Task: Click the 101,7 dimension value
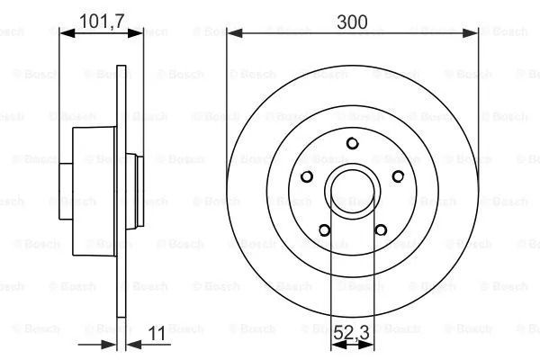tap(101, 22)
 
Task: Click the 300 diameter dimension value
tap(352, 22)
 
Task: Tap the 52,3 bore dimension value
tap(352, 332)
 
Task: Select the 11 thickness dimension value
tap(157, 333)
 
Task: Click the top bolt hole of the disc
tap(352, 143)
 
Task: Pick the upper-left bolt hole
tap(307, 176)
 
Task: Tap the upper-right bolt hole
tap(398, 176)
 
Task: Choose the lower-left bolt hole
tap(324, 229)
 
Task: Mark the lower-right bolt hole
tap(381, 229)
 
